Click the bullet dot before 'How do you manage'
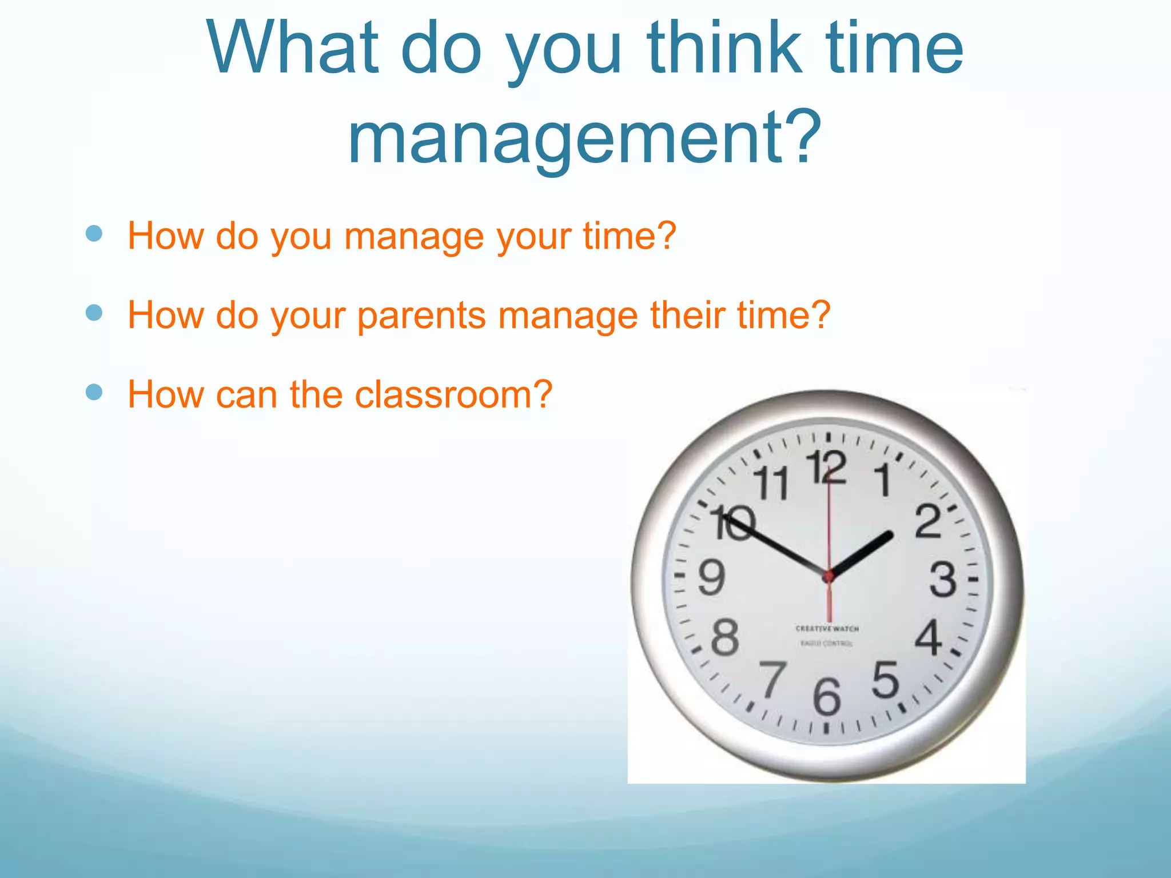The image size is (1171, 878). (x=94, y=234)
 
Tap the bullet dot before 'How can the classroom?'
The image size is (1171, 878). (x=94, y=392)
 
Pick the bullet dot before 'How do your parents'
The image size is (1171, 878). (x=94, y=313)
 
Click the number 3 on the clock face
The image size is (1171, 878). (x=942, y=580)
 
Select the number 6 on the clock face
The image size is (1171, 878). (x=827, y=697)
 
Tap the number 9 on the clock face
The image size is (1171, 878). (x=712, y=578)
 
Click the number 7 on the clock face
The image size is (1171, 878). (x=773, y=679)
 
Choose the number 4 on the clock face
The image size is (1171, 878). (x=928, y=637)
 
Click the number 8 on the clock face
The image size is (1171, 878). (x=725, y=637)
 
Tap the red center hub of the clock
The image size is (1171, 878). (x=828, y=577)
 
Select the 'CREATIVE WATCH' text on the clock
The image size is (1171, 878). (x=827, y=629)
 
